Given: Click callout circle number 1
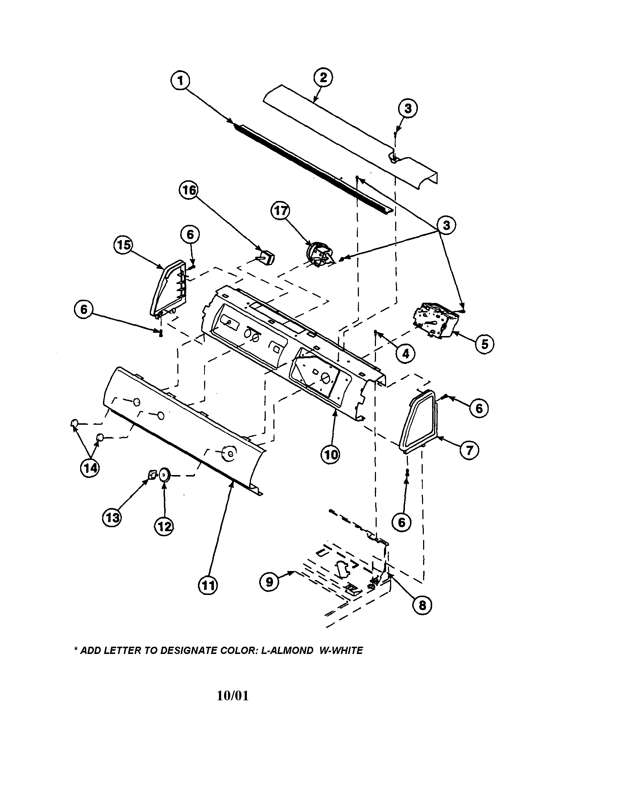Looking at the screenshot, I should [181, 80].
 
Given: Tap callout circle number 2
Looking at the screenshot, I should [323, 77].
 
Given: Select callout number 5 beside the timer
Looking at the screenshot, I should [484, 344].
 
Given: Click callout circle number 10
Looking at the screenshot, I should [330, 454].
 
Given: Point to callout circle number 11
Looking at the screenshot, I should [208, 585].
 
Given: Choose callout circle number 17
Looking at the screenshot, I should [280, 211].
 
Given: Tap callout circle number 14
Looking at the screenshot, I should [90, 469].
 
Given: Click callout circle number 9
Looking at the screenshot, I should [269, 582].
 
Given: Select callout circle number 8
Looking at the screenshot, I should [422, 605].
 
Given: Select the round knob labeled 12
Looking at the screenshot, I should [164, 474].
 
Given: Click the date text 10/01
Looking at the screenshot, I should [232, 696].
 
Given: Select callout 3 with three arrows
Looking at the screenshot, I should [446, 225].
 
